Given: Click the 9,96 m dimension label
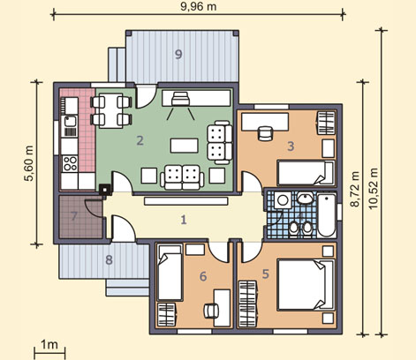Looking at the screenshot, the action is (x=199, y=6).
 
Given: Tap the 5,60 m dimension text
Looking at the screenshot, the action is (x=29, y=163).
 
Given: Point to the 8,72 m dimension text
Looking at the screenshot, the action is (x=356, y=190).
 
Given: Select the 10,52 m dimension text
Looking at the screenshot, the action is (x=374, y=188).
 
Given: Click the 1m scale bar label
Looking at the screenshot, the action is (x=49, y=344).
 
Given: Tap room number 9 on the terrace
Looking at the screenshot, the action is (x=178, y=55).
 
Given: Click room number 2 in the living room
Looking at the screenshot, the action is (x=140, y=140).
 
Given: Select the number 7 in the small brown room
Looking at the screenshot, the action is (x=74, y=216).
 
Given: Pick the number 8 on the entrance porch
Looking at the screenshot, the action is (x=109, y=260).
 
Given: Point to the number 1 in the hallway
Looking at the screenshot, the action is (x=184, y=220).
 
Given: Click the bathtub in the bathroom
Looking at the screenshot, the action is (x=327, y=215).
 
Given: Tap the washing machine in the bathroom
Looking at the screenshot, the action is (x=283, y=200).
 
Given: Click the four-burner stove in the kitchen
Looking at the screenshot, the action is (x=70, y=163).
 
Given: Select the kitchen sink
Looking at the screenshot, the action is (x=70, y=121).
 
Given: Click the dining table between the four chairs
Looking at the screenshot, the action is (x=111, y=110).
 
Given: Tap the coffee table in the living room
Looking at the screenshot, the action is (x=184, y=146).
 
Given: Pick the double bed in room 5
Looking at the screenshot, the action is (x=306, y=285).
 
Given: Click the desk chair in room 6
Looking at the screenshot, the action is (x=211, y=311).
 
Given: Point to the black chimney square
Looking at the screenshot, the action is (x=105, y=190).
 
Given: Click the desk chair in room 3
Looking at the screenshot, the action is (x=266, y=133).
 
